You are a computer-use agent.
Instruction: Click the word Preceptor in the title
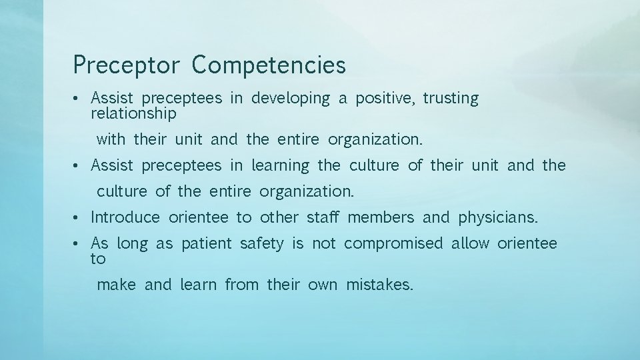coord(126,65)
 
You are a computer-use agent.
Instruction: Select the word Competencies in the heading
coord(269,65)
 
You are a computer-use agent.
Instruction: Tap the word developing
coord(290,99)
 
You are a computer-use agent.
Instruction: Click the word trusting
coord(451,99)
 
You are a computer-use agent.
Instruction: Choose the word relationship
coord(133,114)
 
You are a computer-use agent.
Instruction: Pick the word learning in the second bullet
coord(280,165)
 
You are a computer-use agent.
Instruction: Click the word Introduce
coord(125,217)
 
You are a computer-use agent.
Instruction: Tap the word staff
coord(323,217)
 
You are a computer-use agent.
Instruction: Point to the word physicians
coord(498,217)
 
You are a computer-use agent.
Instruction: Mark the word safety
coord(261,243)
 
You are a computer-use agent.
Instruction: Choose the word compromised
coord(393,243)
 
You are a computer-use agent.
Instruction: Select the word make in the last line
coord(116,285)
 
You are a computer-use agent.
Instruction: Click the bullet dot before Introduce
coord(77,217)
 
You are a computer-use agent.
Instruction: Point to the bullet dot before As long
coord(77,244)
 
